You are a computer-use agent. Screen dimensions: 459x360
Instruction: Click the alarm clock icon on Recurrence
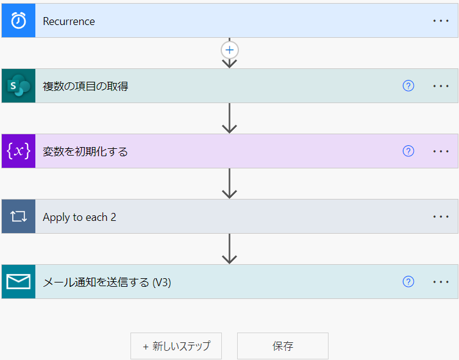click(18, 21)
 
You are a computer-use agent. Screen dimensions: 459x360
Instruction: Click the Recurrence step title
click(69, 21)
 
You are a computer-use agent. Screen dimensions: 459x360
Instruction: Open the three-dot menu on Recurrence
click(441, 21)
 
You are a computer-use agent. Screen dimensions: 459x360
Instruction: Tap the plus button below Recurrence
click(229, 50)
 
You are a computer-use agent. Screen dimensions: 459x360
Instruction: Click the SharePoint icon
click(18, 86)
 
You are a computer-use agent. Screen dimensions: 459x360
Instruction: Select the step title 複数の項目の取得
click(85, 87)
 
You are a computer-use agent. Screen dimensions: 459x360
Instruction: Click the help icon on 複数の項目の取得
click(408, 86)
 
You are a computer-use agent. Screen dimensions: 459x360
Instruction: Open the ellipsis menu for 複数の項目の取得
click(441, 86)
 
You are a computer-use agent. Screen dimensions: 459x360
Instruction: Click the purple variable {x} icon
click(18, 151)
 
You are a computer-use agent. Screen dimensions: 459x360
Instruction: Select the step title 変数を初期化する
click(85, 152)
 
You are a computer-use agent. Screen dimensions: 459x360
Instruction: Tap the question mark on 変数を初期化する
click(408, 151)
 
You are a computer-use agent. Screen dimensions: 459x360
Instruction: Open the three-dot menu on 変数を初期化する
click(441, 151)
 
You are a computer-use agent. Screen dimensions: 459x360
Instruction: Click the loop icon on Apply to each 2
click(18, 217)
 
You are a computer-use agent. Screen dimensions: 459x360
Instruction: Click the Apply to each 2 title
click(79, 217)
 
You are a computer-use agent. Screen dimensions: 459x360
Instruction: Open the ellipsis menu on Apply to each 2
click(441, 217)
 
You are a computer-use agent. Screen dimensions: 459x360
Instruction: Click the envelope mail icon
click(18, 282)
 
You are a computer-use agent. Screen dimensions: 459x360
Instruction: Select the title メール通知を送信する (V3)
click(107, 283)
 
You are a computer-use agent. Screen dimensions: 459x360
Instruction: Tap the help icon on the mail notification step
click(408, 281)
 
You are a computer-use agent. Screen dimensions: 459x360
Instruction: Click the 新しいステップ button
click(176, 346)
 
